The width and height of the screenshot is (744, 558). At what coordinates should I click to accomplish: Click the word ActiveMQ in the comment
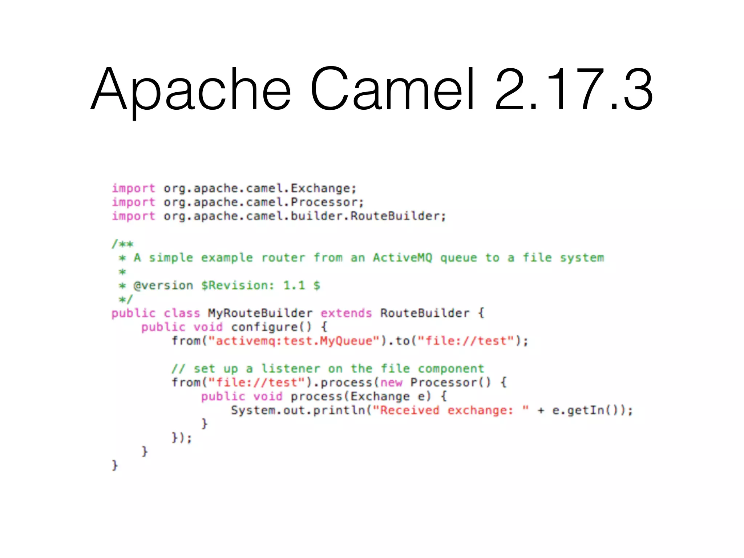[x=403, y=258]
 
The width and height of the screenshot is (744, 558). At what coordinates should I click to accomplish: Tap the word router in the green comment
[x=283, y=258]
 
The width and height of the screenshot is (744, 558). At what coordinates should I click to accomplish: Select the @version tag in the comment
[x=163, y=286]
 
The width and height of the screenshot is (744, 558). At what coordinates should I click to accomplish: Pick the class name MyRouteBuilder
[x=260, y=313]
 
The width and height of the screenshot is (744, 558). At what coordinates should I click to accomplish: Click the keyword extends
[x=346, y=313]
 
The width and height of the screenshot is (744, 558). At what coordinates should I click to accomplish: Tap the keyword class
[x=182, y=313]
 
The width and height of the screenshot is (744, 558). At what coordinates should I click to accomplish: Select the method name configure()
[x=271, y=327]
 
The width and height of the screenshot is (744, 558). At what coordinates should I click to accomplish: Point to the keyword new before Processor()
[x=391, y=383]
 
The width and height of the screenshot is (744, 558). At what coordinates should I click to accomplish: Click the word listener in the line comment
[x=291, y=369]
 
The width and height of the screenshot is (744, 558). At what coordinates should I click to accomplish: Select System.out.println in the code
[x=298, y=411]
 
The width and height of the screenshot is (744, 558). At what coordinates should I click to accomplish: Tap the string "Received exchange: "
[x=450, y=411]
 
